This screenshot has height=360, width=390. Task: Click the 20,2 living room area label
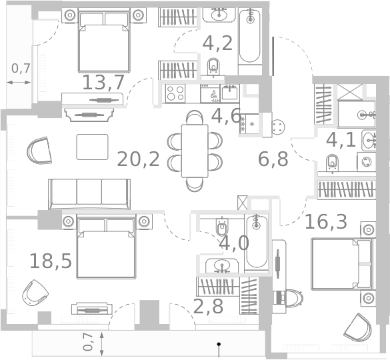coord(138,159)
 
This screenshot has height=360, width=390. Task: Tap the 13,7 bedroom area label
coord(103,83)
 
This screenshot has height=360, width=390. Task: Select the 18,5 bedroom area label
coord(51,261)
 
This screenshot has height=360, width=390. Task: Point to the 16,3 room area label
coord(325,221)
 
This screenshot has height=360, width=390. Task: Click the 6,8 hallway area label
coord(273,159)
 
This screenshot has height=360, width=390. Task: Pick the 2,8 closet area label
coord(208,307)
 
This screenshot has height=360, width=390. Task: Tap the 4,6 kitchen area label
coord(226,116)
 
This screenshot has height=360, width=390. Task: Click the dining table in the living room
coord(195,151)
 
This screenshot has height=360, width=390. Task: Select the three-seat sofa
coord(89,194)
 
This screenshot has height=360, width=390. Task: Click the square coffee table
coord(92,147)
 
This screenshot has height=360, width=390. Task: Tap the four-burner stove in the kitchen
coord(175,93)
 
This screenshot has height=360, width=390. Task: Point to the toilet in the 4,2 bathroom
coord(213,67)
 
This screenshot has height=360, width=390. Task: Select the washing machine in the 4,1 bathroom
coord(367,162)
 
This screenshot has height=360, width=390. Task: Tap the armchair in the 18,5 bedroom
coord(35,293)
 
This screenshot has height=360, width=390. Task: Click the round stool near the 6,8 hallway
coord(278,127)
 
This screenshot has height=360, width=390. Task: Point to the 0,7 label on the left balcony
coord(21,68)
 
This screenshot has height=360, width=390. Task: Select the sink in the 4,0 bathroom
coord(222,265)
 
